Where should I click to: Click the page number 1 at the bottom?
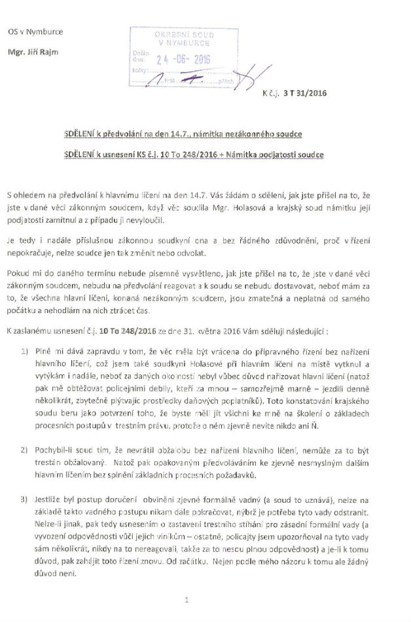(x=187, y=598)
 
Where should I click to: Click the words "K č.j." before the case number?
(x=271, y=93)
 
